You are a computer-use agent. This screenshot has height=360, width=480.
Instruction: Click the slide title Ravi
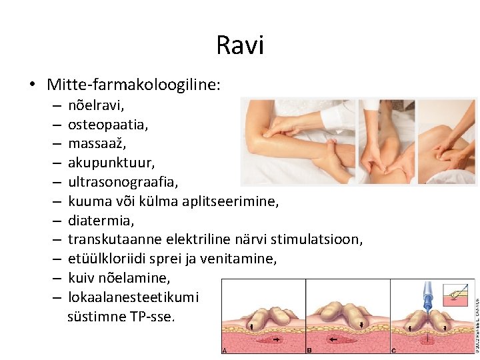pos(240,45)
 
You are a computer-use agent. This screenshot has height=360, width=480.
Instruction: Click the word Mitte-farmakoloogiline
pos(133,85)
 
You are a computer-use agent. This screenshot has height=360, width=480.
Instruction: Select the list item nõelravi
pos(96,105)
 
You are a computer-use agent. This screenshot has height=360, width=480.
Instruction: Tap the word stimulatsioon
pos(322,239)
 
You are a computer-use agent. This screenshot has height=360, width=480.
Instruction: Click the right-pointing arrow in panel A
pos(274,339)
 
